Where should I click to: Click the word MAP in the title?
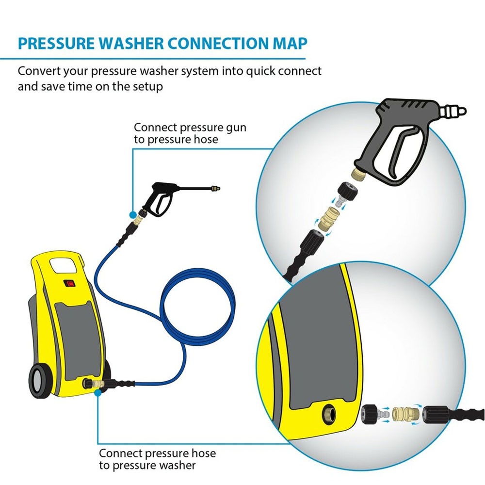tap(290, 43)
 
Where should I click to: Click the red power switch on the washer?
tap(69, 283)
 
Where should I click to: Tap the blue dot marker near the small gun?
tap(133, 214)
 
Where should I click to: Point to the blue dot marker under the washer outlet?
tap(98, 393)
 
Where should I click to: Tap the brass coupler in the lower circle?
tap(405, 414)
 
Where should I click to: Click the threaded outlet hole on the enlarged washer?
tap(328, 414)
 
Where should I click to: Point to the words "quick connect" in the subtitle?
tap(284, 72)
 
